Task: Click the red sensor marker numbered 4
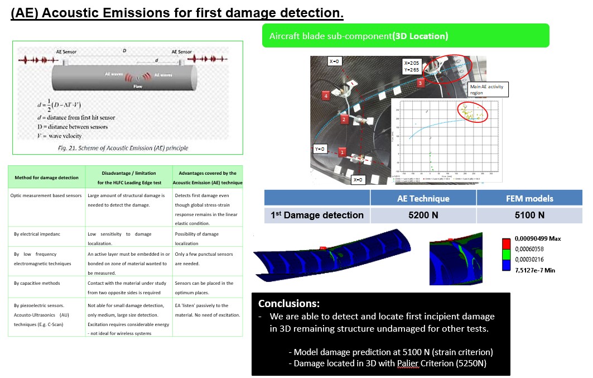tap(326, 96)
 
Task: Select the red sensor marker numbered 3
tap(421, 83)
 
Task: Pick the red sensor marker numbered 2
tap(344, 119)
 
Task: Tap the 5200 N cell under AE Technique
tap(423, 215)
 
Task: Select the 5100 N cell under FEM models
tap(529, 215)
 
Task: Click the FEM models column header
tap(529, 198)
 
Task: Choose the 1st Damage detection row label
tap(316, 215)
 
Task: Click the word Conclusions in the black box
tap(288, 304)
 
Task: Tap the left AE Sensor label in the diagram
tap(66, 52)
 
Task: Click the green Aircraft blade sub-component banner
tap(406, 36)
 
